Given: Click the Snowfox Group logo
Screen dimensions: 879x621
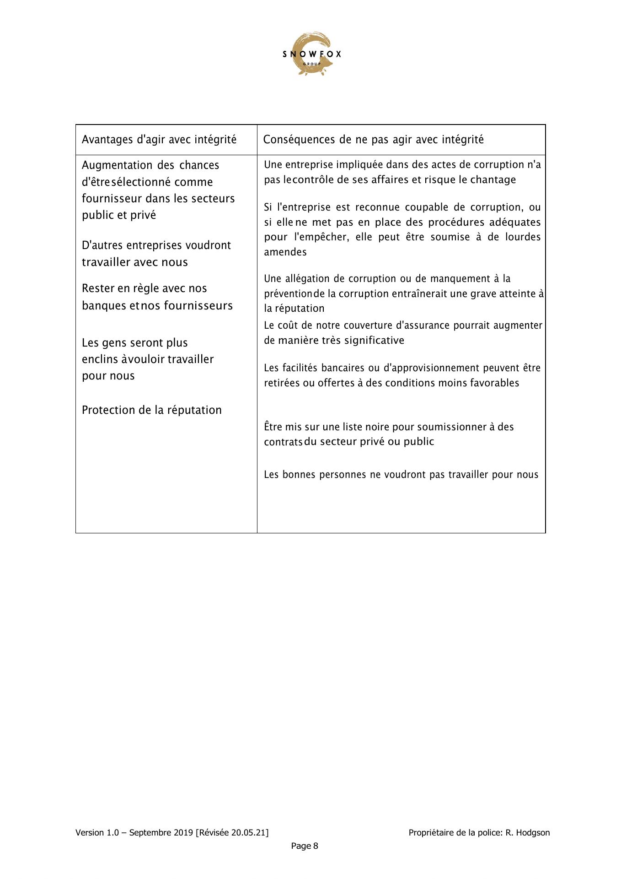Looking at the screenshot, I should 311,54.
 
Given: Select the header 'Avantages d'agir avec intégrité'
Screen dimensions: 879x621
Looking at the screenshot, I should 159,140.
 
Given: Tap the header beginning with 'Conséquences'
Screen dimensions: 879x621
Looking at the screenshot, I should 373,140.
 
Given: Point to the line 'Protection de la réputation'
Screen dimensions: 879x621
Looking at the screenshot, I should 151,410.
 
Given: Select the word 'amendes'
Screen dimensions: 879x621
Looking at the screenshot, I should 285,252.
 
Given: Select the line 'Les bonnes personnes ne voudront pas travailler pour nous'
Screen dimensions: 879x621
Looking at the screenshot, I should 401,474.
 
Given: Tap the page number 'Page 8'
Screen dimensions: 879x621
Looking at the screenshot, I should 305,846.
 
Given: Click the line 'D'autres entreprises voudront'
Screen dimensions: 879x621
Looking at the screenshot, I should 156,245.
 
